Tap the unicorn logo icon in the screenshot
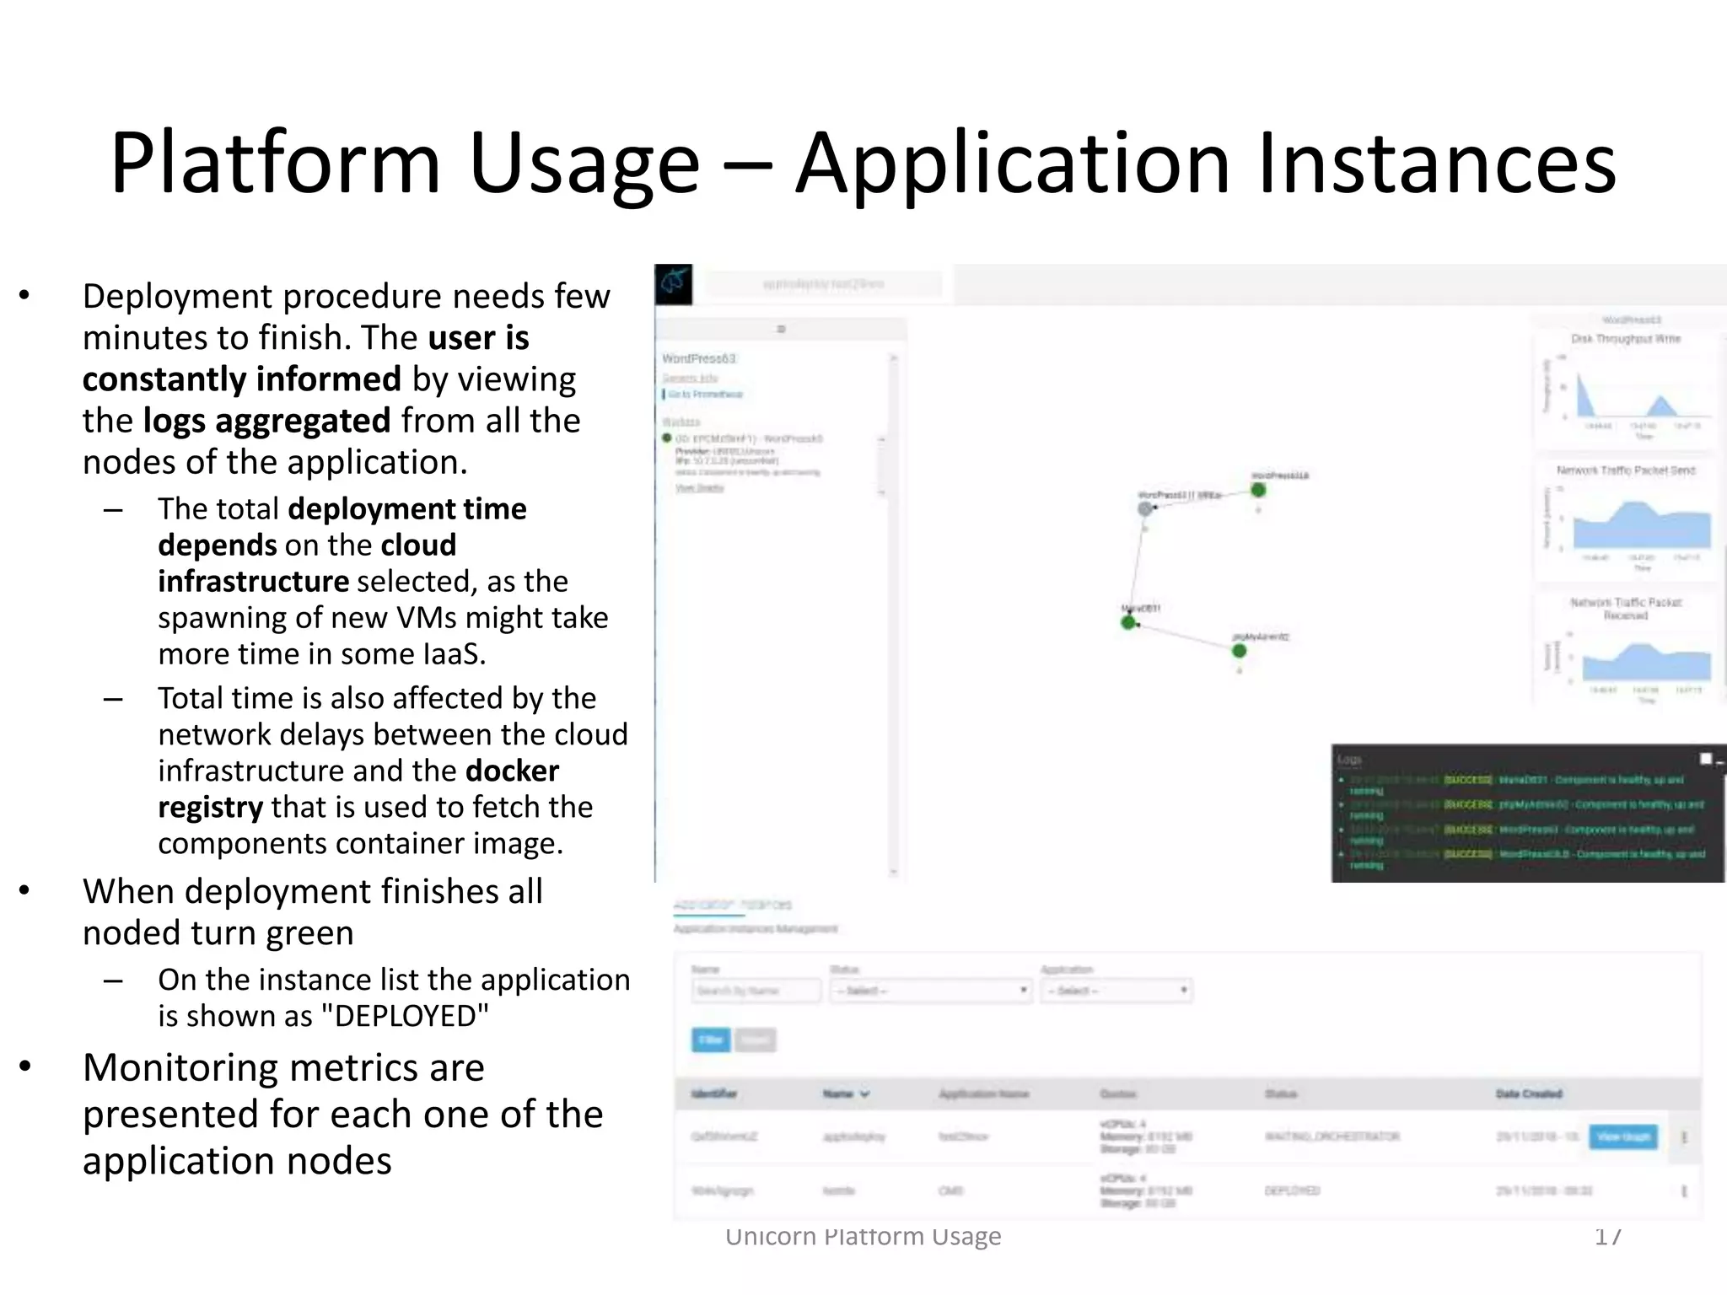pos(674,284)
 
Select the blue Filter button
pos(711,1040)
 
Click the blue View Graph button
pos(1622,1136)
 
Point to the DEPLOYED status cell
pos(1292,1190)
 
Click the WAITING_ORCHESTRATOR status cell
pos(1332,1136)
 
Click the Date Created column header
pos(1528,1093)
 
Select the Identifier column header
pos(713,1093)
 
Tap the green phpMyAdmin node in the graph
pos(1239,651)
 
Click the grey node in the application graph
pos(1145,508)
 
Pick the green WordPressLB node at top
pos(1258,490)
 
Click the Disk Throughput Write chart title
pos(1625,339)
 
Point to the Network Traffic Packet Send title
pos(1625,470)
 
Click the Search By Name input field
pos(756,991)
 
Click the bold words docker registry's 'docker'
pos(512,771)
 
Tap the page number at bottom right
pos(1607,1236)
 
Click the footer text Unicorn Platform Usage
pos(863,1236)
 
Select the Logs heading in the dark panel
pos(1349,760)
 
